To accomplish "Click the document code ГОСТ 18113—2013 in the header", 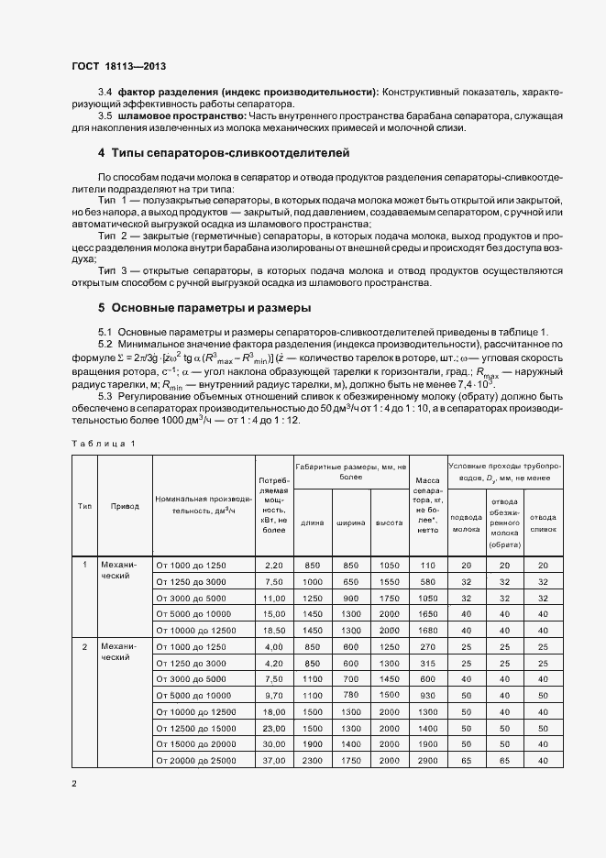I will coord(117,66).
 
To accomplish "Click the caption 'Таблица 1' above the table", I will coord(104,444).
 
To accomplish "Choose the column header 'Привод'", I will coord(125,505).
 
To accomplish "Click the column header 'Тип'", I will coord(84,505).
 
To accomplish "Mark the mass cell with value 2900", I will coord(427,760).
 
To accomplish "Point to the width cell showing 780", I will coord(351,695).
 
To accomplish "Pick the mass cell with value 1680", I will coord(427,631).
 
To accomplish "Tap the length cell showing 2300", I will coord(312,760).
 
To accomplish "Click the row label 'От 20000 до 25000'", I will coord(197,760).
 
